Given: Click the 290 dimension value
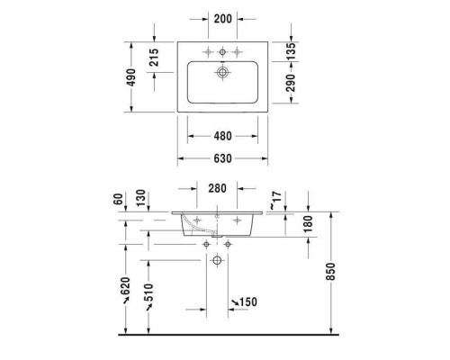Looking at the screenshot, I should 290,83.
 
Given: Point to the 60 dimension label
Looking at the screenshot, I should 117,198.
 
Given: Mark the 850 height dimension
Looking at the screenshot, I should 329,272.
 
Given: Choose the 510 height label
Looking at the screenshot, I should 148,293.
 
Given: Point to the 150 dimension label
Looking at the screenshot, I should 247,300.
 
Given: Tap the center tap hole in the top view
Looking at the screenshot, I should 221,50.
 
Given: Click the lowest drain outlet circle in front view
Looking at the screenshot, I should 217,261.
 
